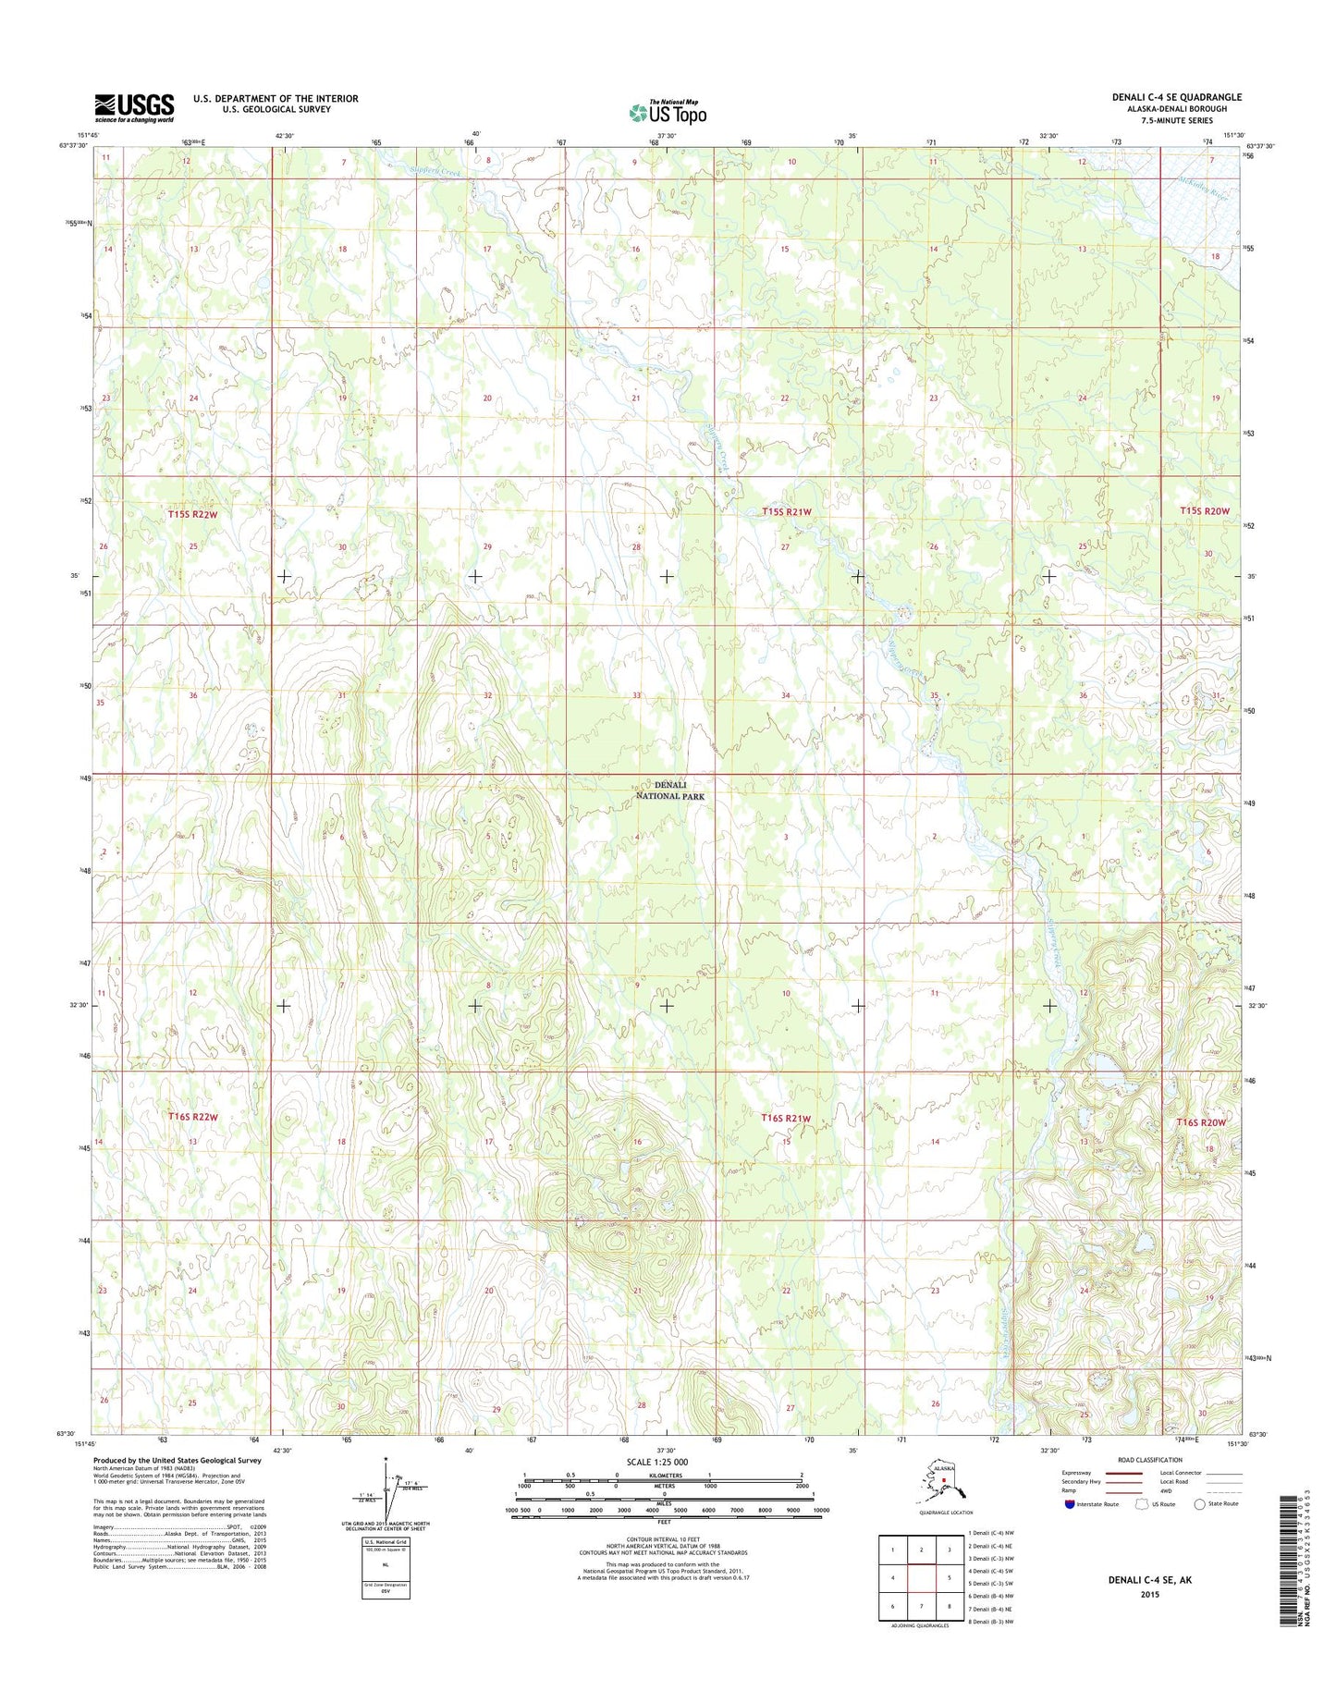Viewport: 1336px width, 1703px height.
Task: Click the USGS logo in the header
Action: click(x=134, y=107)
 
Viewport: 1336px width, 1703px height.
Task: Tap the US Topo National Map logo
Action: click(x=668, y=112)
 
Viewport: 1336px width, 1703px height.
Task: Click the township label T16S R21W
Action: click(x=786, y=1118)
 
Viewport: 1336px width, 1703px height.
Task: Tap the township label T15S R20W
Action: click(x=1205, y=511)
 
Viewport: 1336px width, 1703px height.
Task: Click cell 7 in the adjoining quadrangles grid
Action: click(x=921, y=1606)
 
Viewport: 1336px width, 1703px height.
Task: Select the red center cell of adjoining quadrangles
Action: click(x=921, y=1578)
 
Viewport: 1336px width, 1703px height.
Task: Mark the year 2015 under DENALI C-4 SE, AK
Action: click(x=1149, y=1595)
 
